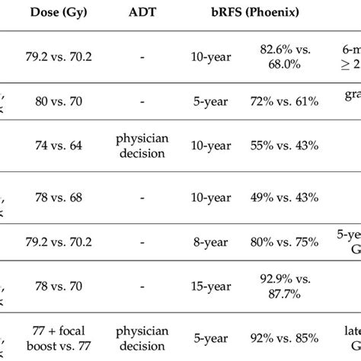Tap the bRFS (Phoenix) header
click(238, 13)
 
